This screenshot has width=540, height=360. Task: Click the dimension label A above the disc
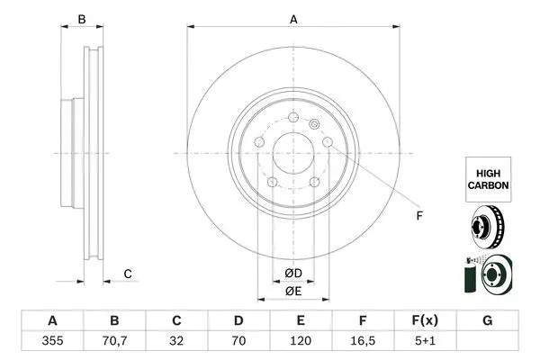point(292,17)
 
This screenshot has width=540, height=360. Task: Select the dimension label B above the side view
point(81,19)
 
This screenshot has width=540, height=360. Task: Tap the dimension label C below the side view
point(128,274)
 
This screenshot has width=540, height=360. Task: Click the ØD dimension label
point(293,273)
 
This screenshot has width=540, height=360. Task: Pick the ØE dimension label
point(293,291)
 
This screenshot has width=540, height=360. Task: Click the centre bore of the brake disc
point(292,153)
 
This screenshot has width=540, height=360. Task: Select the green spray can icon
point(470,274)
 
